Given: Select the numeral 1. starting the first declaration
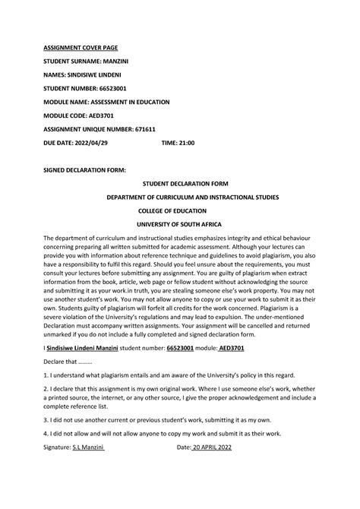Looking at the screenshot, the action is tap(46, 375).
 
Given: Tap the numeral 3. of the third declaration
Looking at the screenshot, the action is tap(46, 419).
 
